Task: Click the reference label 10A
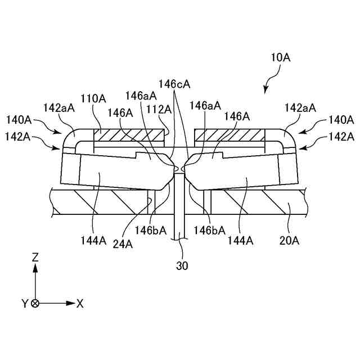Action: point(280,58)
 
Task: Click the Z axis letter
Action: point(35,257)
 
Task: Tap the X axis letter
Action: point(80,303)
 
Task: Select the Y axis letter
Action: point(25,304)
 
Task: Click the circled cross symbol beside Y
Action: point(35,303)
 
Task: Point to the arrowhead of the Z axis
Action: point(35,268)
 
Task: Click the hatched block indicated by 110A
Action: point(129,135)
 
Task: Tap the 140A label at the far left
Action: point(18,119)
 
